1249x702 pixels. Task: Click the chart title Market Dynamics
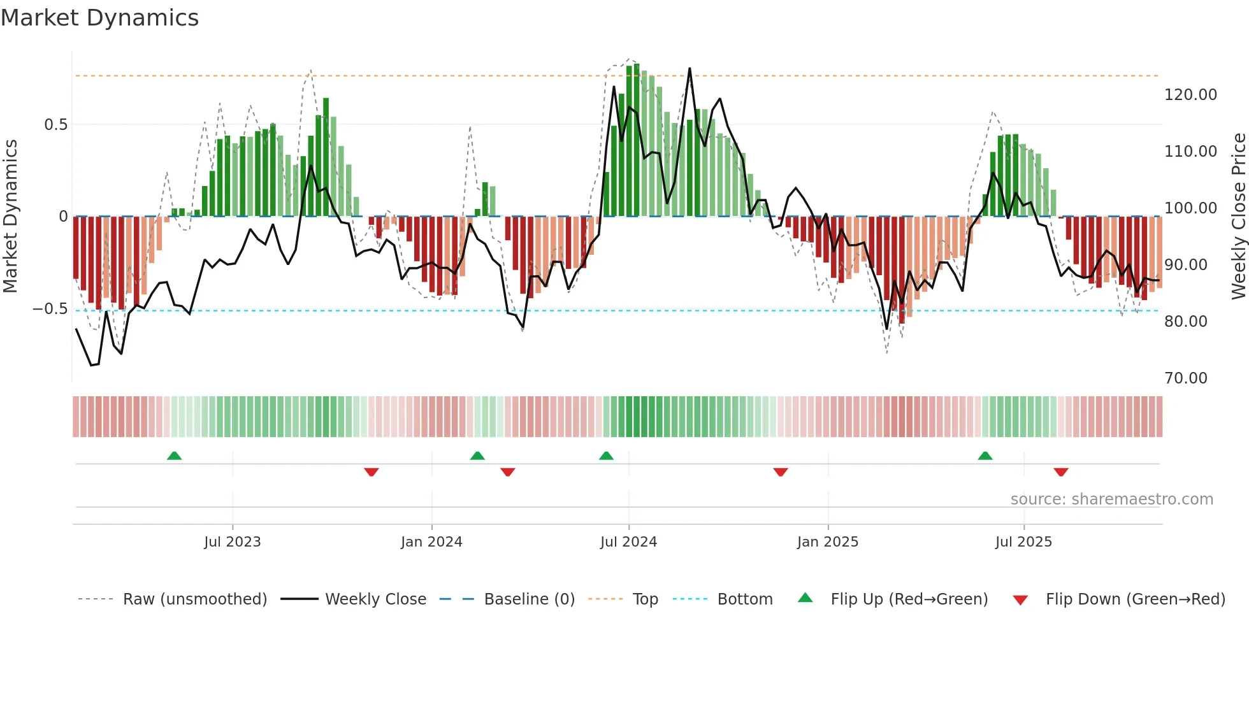click(x=99, y=18)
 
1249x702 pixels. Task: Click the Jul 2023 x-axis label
click(x=233, y=542)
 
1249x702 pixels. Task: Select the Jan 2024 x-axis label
click(x=431, y=542)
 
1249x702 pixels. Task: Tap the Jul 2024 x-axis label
click(x=628, y=542)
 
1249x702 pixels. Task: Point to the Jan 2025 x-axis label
click(x=828, y=542)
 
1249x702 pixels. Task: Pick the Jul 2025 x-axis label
click(x=1023, y=542)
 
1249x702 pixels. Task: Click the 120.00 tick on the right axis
click(x=1190, y=95)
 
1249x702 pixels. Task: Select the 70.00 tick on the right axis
click(x=1185, y=378)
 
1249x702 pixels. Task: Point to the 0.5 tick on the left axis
click(x=55, y=125)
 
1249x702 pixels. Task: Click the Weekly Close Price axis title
click(x=1238, y=217)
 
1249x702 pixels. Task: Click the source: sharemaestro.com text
click(x=1111, y=499)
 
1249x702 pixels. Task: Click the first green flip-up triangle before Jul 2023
click(x=174, y=455)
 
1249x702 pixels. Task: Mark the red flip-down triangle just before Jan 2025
click(x=781, y=472)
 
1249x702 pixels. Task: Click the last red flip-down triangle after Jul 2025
click(x=1061, y=472)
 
